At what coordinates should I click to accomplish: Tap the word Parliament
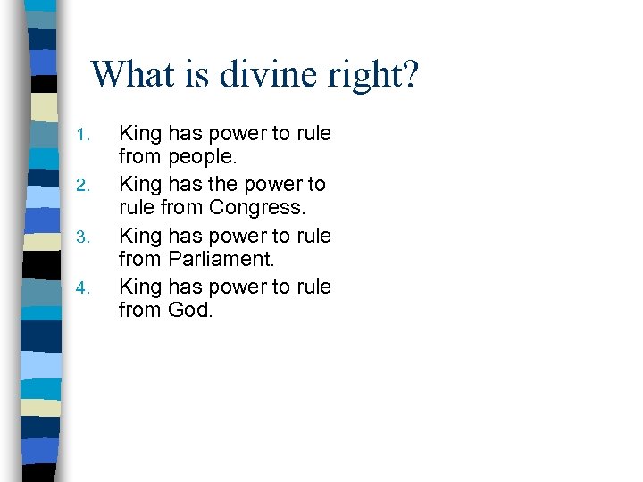pos(222,260)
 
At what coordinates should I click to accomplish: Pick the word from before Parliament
pos(140,260)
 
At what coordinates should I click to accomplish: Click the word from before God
pos(140,311)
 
